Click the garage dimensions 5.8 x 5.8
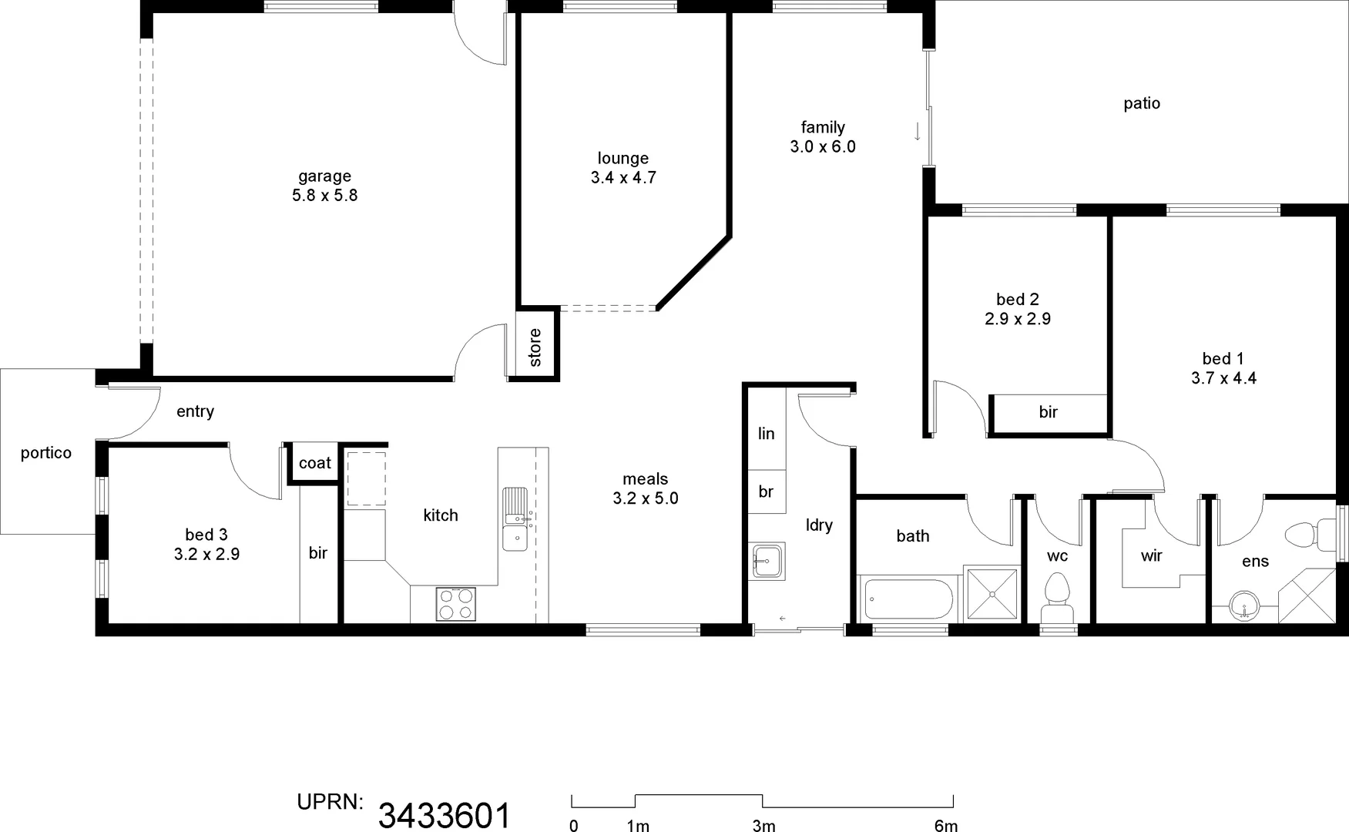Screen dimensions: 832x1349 point(324,196)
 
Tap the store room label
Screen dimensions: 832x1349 point(535,347)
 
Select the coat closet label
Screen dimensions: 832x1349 point(314,463)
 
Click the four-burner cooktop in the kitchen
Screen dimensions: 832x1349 point(456,604)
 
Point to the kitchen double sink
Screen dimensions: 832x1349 point(515,518)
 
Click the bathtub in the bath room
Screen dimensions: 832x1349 point(909,600)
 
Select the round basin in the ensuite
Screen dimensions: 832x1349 point(1243,606)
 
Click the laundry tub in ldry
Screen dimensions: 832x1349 point(767,561)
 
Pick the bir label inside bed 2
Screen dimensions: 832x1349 point(1048,412)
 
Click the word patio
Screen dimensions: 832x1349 point(1141,103)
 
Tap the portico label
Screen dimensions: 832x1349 point(46,453)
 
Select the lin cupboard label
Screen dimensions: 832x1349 point(766,434)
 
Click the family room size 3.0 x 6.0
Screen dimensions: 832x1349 point(822,147)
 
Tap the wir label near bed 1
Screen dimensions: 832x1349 point(1151,555)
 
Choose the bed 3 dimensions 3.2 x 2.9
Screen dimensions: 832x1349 point(206,554)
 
